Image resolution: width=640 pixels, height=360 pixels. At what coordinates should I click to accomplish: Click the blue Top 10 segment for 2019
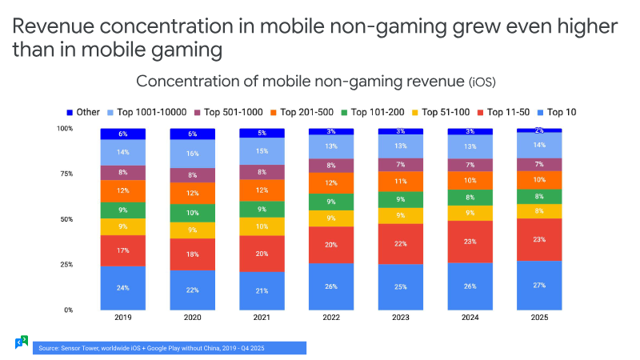click(123, 288)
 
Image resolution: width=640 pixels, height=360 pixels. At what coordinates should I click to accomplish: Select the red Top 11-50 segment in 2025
click(539, 239)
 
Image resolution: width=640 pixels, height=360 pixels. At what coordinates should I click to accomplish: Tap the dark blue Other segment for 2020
click(192, 134)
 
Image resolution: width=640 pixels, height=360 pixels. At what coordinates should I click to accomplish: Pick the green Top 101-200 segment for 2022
click(331, 202)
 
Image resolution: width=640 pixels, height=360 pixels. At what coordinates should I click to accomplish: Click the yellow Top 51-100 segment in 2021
click(262, 226)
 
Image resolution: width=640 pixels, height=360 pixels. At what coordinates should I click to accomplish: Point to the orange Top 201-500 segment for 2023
click(401, 182)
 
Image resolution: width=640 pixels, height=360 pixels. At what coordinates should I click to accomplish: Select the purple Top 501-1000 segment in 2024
click(470, 165)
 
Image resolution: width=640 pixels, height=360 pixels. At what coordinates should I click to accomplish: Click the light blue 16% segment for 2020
click(192, 154)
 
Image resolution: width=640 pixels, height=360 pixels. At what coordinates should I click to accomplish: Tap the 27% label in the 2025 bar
click(539, 286)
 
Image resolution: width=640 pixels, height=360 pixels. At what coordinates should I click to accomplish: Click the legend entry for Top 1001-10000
click(147, 112)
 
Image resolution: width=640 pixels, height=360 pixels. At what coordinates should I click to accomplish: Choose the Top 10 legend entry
click(557, 112)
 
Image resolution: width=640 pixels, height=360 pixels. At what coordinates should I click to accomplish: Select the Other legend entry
click(83, 112)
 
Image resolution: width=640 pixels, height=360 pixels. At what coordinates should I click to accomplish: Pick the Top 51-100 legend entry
click(441, 112)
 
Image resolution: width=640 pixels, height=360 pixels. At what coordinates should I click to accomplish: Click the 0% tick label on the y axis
click(69, 310)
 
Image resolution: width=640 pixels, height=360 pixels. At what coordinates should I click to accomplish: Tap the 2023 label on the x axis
click(401, 318)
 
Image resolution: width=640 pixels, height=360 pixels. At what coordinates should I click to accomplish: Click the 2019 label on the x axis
click(123, 318)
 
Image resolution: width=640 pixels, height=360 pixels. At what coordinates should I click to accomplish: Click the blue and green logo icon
click(22, 342)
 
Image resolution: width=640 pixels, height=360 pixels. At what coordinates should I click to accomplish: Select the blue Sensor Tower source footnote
click(170, 348)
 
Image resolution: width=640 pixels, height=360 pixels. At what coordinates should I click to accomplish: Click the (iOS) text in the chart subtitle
click(482, 82)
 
